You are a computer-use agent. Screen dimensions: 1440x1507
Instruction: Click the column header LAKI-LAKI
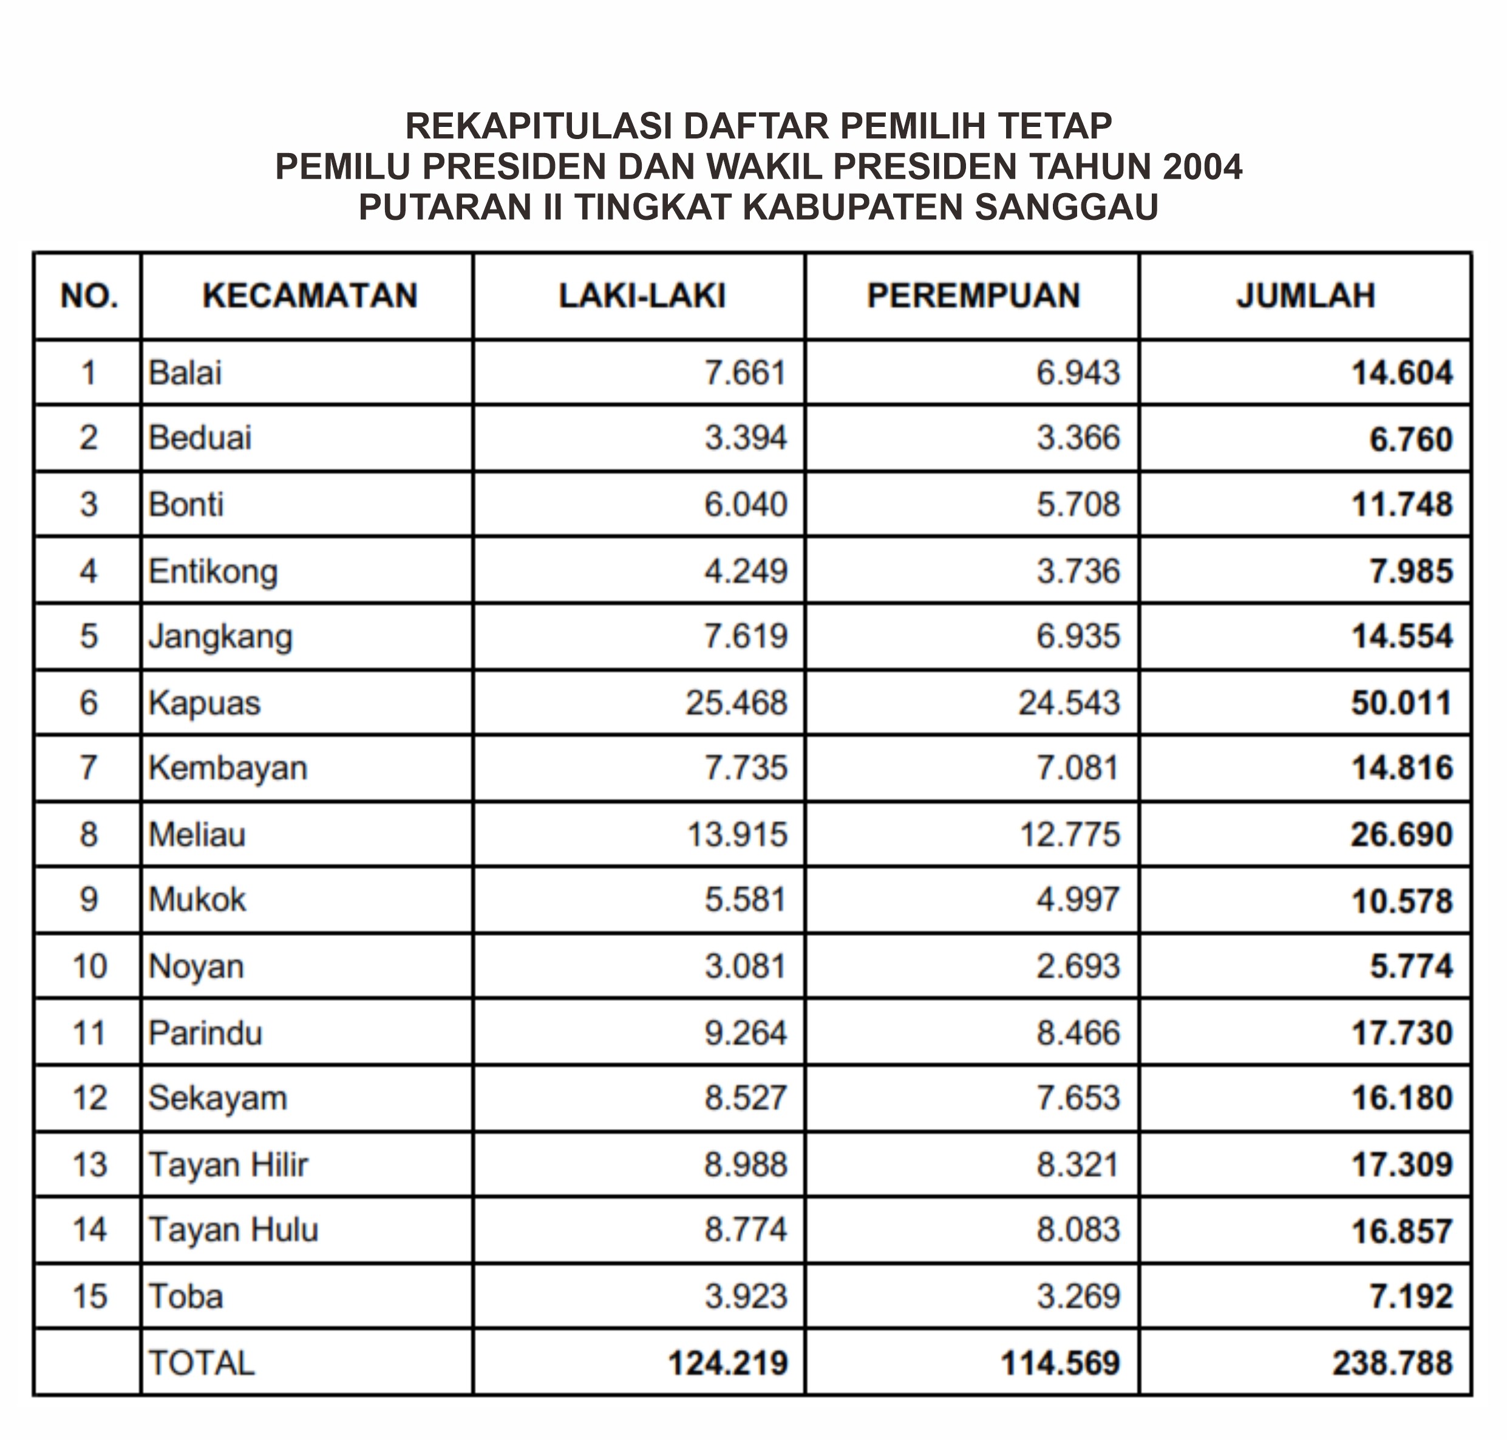pos(641,296)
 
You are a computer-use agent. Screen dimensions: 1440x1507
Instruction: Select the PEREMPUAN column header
pos(973,296)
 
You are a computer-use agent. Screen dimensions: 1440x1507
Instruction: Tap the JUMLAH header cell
pos(1305,296)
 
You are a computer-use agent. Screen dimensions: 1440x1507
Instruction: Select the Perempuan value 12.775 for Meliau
pos(1069,834)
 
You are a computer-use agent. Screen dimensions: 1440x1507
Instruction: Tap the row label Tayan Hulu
pos(233,1230)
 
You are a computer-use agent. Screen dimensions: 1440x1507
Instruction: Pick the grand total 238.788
pos(1392,1363)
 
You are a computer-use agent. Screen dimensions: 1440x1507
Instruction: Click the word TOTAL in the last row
pos(201,1363)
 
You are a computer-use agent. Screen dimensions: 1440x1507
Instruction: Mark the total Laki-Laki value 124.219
pos(727,1363)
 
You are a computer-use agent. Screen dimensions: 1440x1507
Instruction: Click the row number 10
pos(89,966)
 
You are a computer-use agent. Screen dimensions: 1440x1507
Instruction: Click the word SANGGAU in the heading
pos(1066,207)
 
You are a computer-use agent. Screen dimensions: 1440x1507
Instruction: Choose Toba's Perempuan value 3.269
pos(1078,1297)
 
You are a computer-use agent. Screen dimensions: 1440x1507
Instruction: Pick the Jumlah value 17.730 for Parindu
pos(1401,1033)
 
